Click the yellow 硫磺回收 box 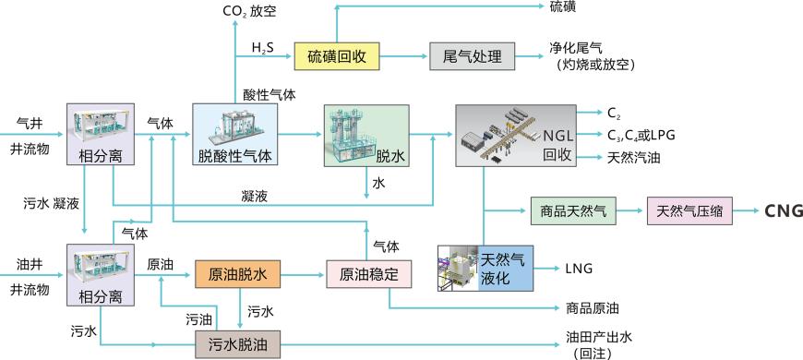point(337,57)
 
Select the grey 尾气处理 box point(471,57)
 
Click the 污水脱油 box point(236,345)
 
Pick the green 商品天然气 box point(572,211)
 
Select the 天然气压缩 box point(689,211)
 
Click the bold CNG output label point(784,211)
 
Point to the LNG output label point(578,269)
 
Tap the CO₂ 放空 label point(249,11)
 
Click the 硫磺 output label point(563,7)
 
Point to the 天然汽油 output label point(634,157)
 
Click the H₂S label point(262,47)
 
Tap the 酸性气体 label point(270,94)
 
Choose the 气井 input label point(30,122)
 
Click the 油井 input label point(30,264)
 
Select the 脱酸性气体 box point(235,135)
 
